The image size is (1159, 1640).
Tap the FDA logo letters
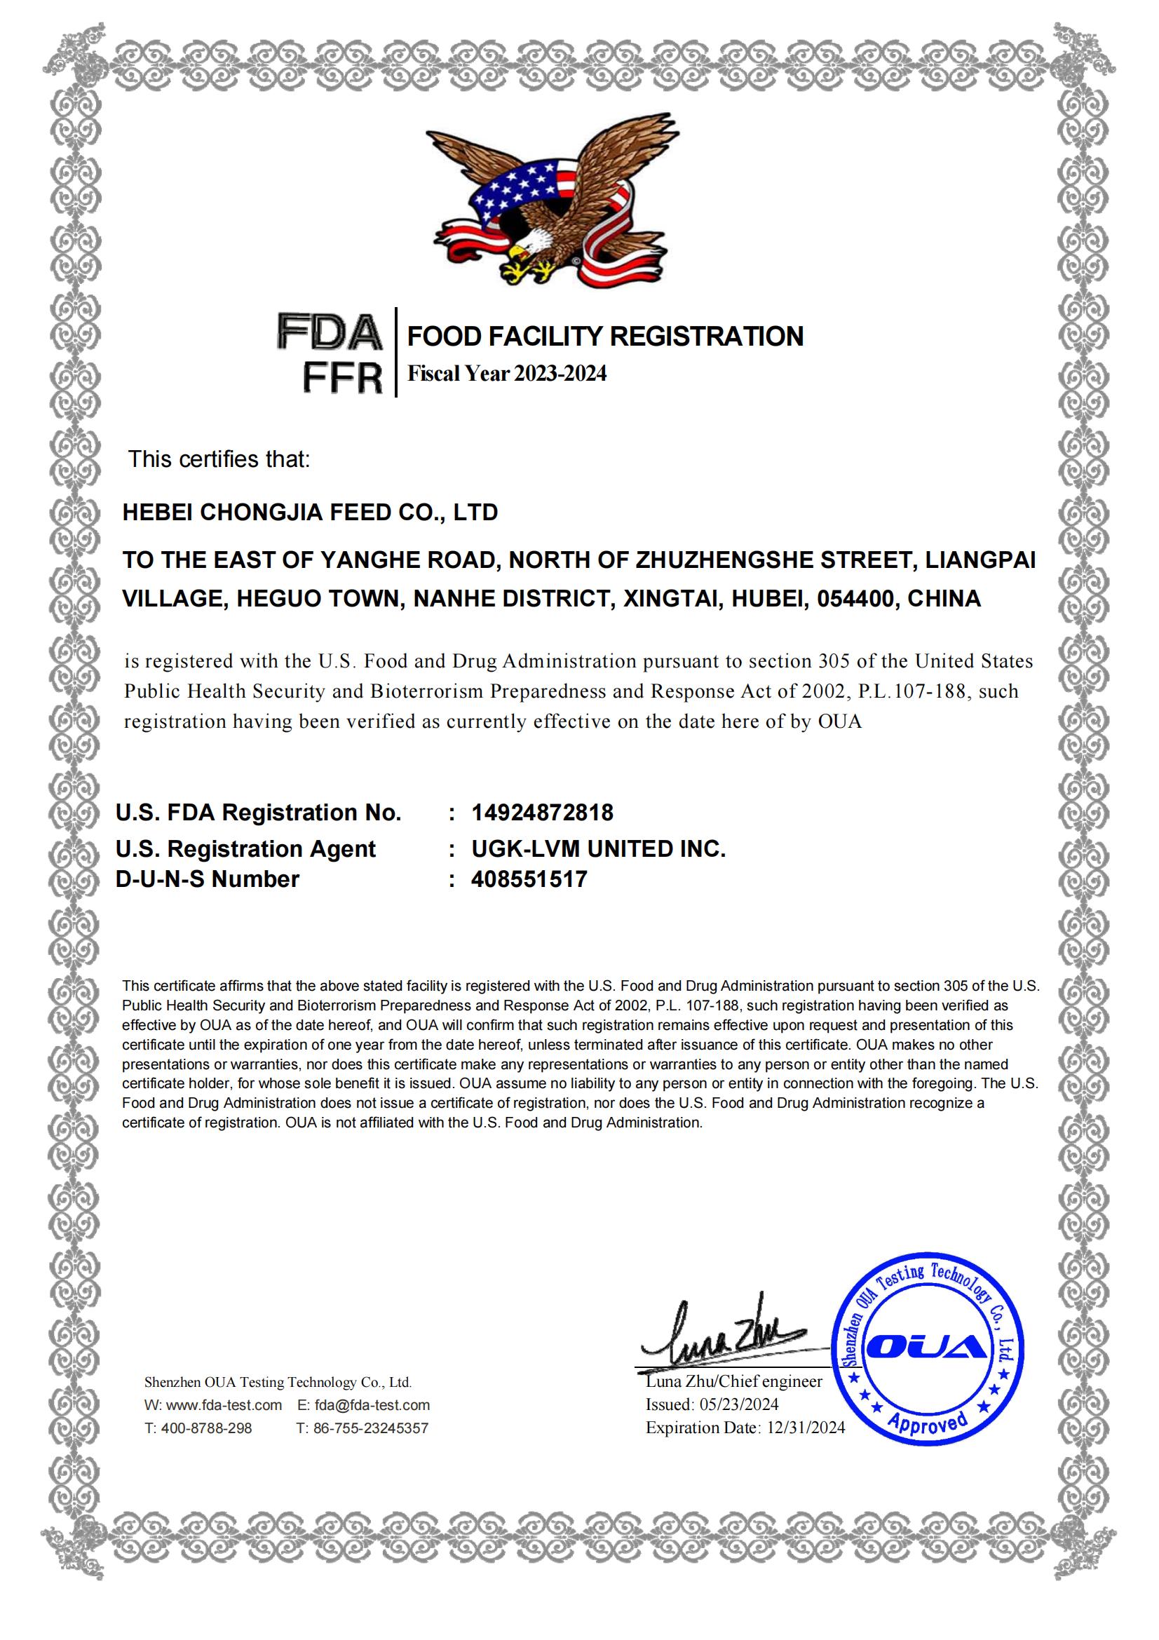(330, 333)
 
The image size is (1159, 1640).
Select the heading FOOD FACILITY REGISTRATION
(605, 337)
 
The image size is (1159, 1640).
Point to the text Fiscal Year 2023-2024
(506, 374)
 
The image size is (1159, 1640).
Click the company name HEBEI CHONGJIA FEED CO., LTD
(310, 512)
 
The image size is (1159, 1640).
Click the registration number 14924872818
(542, 812)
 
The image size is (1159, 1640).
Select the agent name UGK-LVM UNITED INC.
(598, 848)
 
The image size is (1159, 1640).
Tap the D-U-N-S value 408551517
(529, 879)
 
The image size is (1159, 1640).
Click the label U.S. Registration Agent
(245, 848)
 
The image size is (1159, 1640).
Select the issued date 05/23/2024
(738, 1404)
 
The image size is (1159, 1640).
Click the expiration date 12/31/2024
(806, 1428)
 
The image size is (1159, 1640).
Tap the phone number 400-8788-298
(206, 1428)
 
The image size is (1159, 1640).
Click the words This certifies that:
(219, 459)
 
